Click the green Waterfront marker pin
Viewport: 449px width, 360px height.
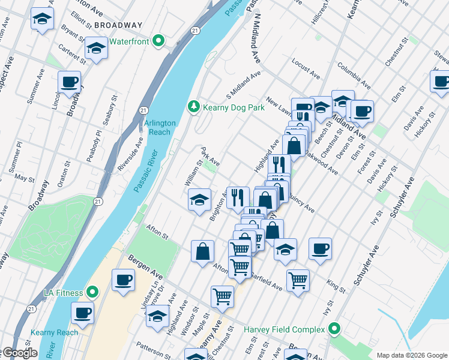(x=158, y=41)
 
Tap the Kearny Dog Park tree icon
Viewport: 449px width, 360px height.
(x=193, y=106)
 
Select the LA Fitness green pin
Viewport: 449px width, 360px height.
(x=92, y=292)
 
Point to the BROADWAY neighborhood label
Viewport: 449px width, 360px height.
(x=118, y=25)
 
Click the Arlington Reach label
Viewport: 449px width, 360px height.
(x=160, y=127)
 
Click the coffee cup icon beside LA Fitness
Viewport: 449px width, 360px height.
(x=124, y=279)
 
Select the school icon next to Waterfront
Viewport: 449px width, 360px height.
(x=96, y=48)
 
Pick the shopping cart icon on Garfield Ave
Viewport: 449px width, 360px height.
(x=298, y=280)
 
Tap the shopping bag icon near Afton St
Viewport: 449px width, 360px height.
(x=203, y=250)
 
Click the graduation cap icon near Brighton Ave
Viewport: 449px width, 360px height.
(x=199, y=199)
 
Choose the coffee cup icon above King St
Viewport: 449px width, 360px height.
(x=320, y=248)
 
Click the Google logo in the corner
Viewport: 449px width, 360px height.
(x=19, y=353)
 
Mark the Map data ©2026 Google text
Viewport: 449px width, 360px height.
(x=411, y=355)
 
